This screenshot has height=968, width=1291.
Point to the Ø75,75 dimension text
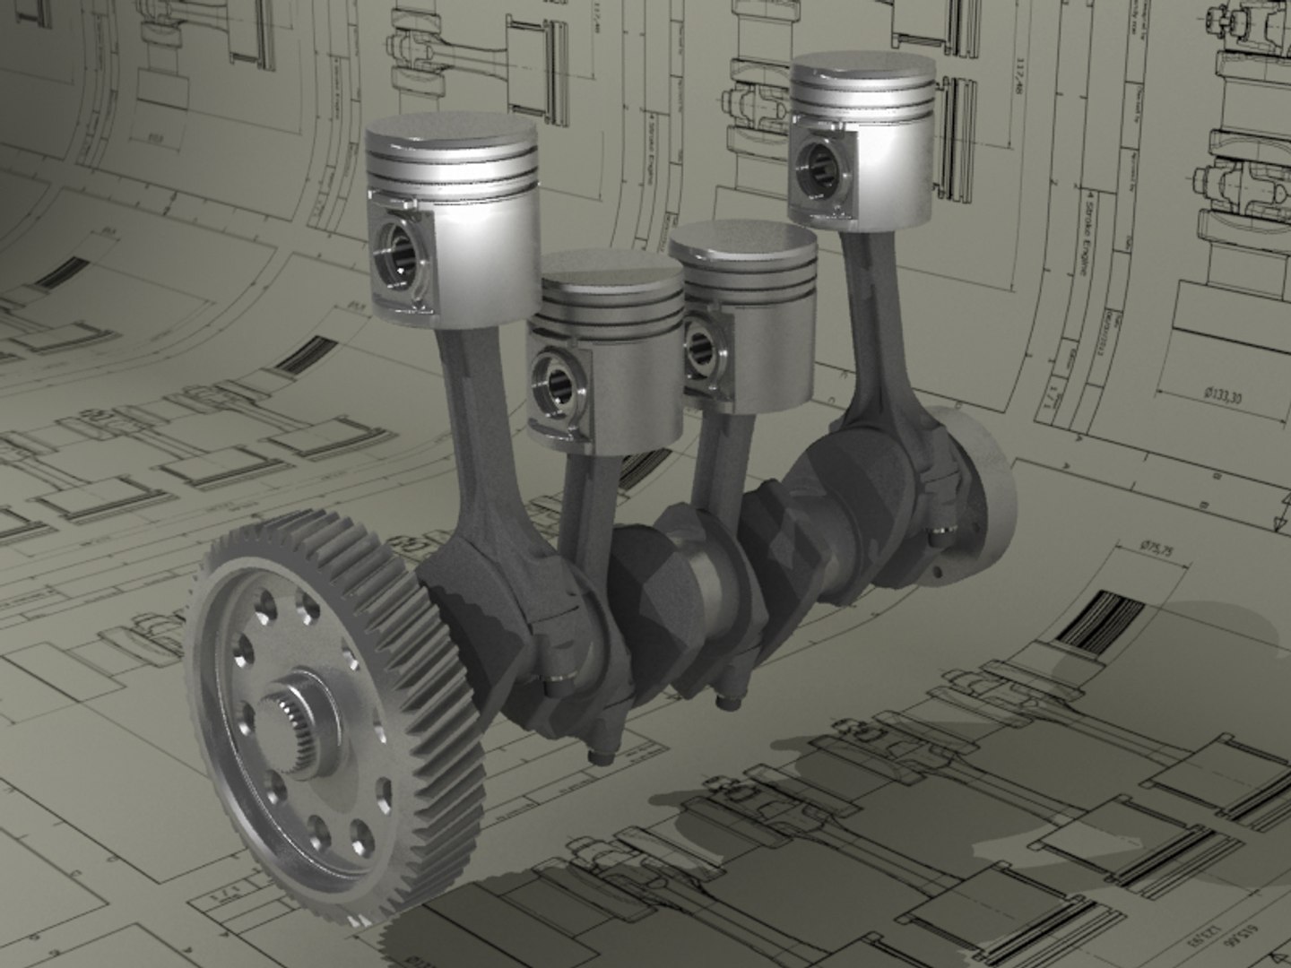[x=1156, y=549]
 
